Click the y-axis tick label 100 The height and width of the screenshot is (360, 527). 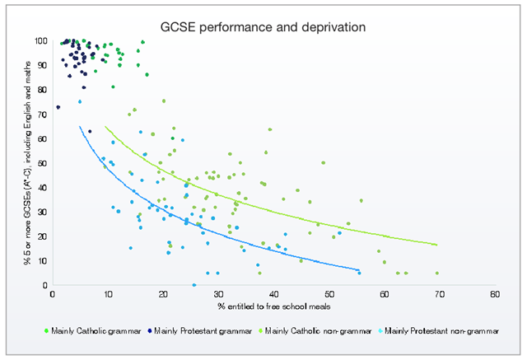(40, 41)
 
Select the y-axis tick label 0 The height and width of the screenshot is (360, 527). (45, 285)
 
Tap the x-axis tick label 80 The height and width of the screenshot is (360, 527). (493, 294)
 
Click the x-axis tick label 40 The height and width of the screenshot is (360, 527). (273, 294)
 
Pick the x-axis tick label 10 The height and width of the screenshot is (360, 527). (107, 294)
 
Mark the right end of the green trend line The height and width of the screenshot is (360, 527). (436, 245)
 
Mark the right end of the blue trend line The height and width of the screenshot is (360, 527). (359, 270)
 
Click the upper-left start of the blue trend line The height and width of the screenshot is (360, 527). (80, 126)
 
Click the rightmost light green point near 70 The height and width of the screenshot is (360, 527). (436, 273)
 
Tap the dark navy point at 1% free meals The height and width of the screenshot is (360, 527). (58, 107)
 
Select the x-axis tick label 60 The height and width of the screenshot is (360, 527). (383, 294)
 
